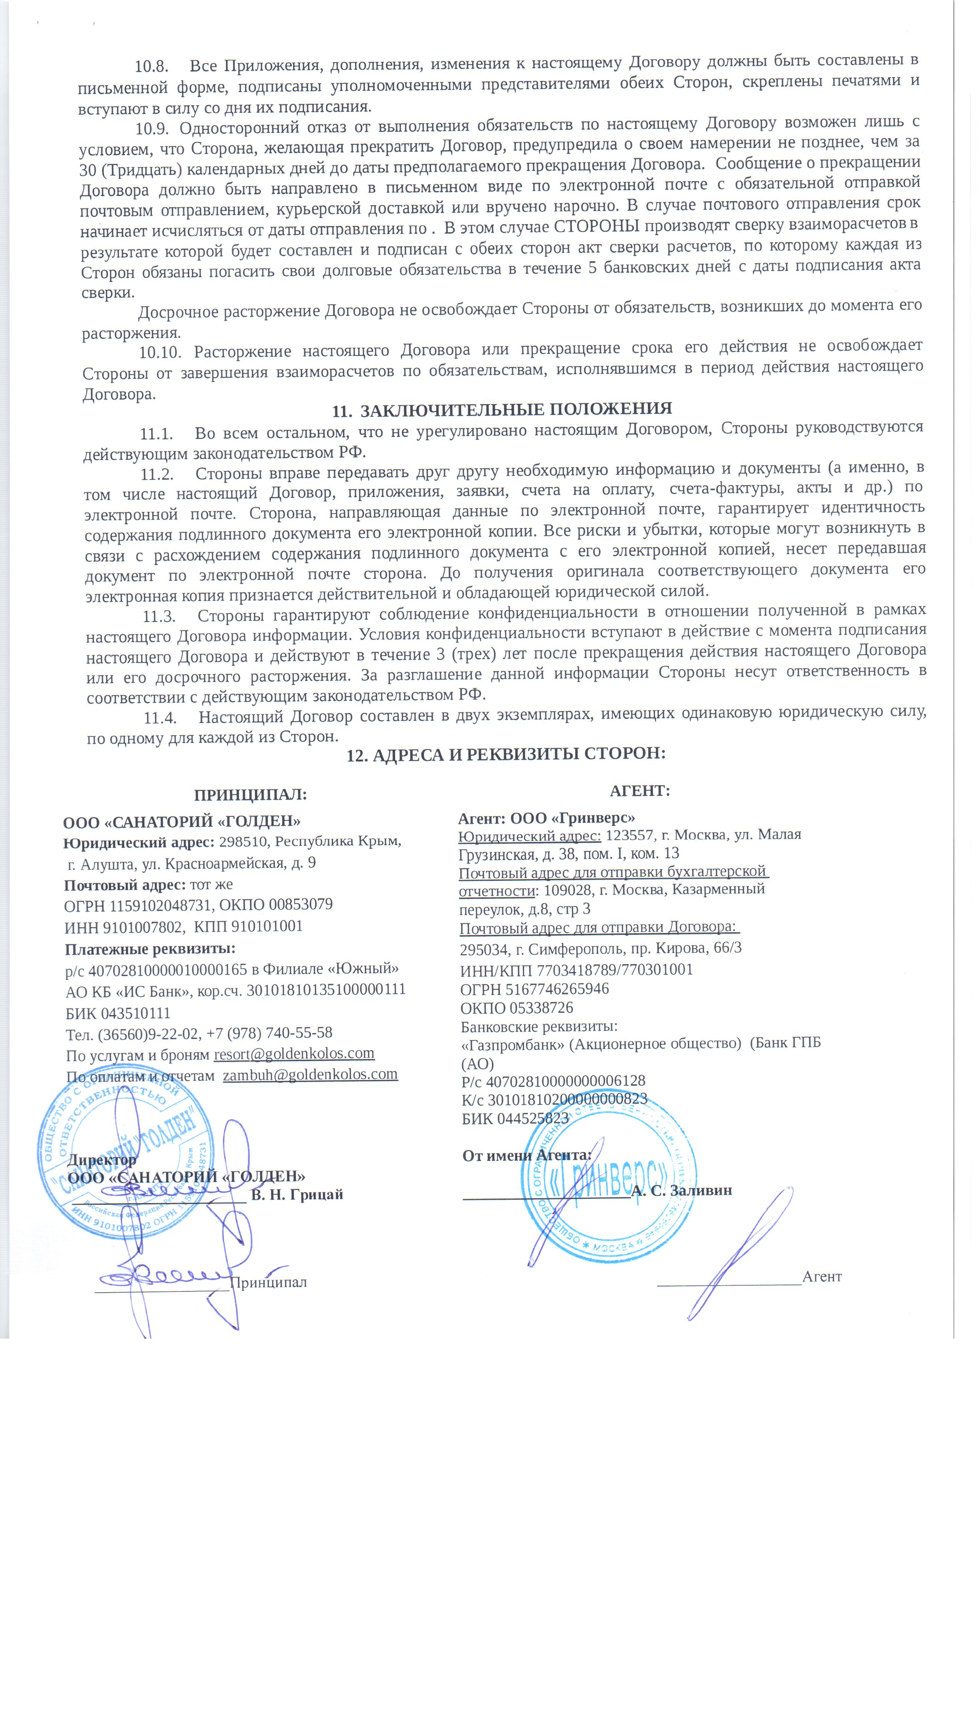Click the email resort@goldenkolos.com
click(x=294, y=1053)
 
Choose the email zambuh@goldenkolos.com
click(x=310, y=1074)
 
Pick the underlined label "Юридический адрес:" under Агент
click(x=529, y=835)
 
